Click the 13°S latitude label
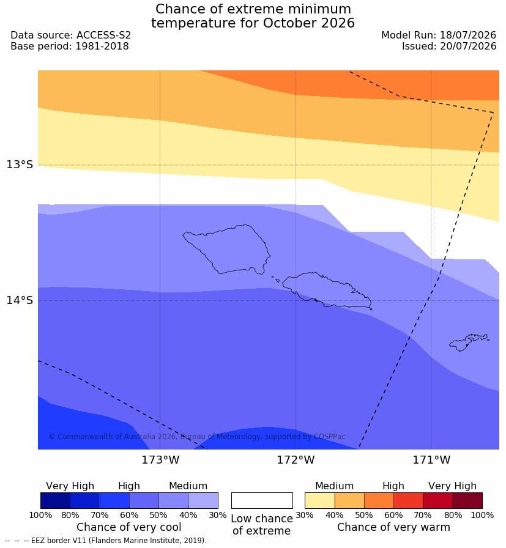(x=20, y=165)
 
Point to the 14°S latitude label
(x=20, y=300)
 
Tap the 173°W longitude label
(x=160, y=460)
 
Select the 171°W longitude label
(x=431, y=460)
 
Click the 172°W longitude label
(x=296, y=460)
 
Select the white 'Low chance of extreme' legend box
(x=262, y=500)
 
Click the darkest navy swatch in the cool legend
(x=56, y=500)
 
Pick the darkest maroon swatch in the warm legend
(x=467, y=500)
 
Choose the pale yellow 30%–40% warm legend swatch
(x=319, y=500)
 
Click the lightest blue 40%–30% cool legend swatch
(x=203, y=500)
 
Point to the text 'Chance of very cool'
(x=129, y=527)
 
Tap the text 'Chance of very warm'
(x=394, y=527)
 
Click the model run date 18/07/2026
(x=468, y=35)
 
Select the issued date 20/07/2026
(x=468, y=46)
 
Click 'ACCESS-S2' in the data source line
(x=103, y=35)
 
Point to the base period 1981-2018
(x=102, y=46)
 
